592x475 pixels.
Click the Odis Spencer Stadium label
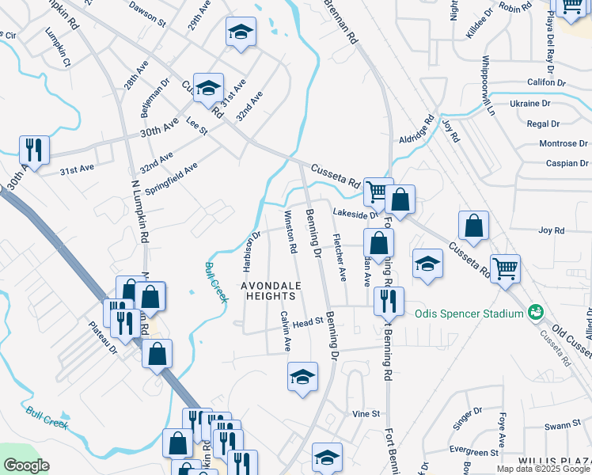click(469, 313)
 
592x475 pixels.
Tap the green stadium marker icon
click(537, 313)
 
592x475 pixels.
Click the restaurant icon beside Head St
click(389, 300)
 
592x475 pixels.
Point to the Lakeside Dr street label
click(355, 214)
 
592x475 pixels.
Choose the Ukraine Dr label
click(529, 104)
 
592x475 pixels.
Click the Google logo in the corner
click(26, 465)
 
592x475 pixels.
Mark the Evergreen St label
click(472, 451)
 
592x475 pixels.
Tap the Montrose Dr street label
click(561, 143)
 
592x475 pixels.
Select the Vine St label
click(366, 414)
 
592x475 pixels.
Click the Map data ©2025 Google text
click(542, 469)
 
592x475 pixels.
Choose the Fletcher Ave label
click(339, 257)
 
